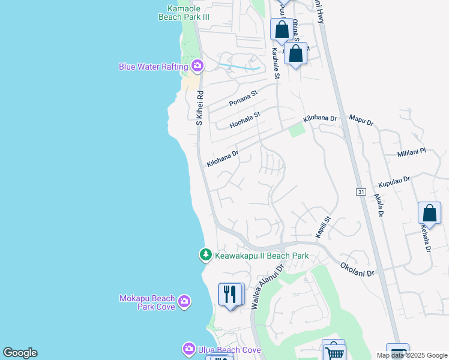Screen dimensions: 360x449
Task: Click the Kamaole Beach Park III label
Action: tap(184, 13)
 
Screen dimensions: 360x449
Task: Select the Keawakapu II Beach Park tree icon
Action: tap(206, 256)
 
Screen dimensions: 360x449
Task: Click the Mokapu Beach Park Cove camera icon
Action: tap(184, 301)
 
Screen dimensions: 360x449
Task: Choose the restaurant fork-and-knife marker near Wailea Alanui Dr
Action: tap(231, 295)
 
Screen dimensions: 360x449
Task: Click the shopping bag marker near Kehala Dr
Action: tap(429, 214)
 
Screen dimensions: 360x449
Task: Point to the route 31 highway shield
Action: tap(361, 192)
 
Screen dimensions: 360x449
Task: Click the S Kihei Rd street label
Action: tap(200, 108)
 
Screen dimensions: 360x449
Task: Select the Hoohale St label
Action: tap(245, 120)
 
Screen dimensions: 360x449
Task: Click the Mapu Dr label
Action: tap(361, 122)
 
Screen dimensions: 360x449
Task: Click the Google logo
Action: tap(20, 353)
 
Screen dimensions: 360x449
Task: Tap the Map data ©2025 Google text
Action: tap(411, 355)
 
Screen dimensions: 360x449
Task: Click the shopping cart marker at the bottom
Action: tap(334, 352)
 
